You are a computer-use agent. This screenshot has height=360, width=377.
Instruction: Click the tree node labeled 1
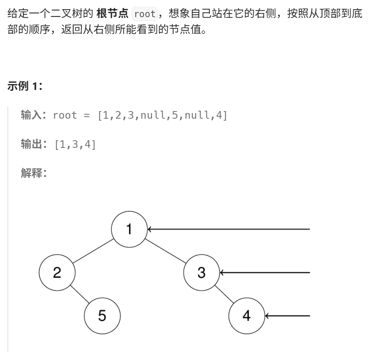coord(129,229)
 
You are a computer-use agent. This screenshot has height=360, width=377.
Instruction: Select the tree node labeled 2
coord(57,272)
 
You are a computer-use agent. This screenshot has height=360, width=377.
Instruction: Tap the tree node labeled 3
coord(201,272)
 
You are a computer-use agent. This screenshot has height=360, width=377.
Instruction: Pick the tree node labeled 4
coord(246,316)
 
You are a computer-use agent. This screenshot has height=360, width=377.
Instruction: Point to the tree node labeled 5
coord(102,316)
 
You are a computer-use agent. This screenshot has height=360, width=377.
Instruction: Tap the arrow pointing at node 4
coord(287,316)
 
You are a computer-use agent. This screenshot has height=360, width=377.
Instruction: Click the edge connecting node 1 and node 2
coord(93,251)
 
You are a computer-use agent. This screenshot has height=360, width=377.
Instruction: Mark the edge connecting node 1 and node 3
coord(165,251)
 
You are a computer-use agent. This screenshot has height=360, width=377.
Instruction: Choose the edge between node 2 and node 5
coord(80,294)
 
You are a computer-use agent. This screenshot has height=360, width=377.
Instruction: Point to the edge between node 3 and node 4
coord(224,294)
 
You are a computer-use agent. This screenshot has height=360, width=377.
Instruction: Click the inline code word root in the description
coord(145,14)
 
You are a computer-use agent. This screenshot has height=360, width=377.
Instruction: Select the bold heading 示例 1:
coord(25,86)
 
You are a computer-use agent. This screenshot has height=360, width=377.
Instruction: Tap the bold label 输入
coord(31,115)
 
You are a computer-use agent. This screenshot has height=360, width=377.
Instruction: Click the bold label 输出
coord(31,144)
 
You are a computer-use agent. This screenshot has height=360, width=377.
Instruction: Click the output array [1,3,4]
coord(75,145)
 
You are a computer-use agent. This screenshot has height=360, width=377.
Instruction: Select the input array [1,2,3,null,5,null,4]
coord(162,115)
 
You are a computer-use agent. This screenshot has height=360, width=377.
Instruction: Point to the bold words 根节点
coord(113,14)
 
